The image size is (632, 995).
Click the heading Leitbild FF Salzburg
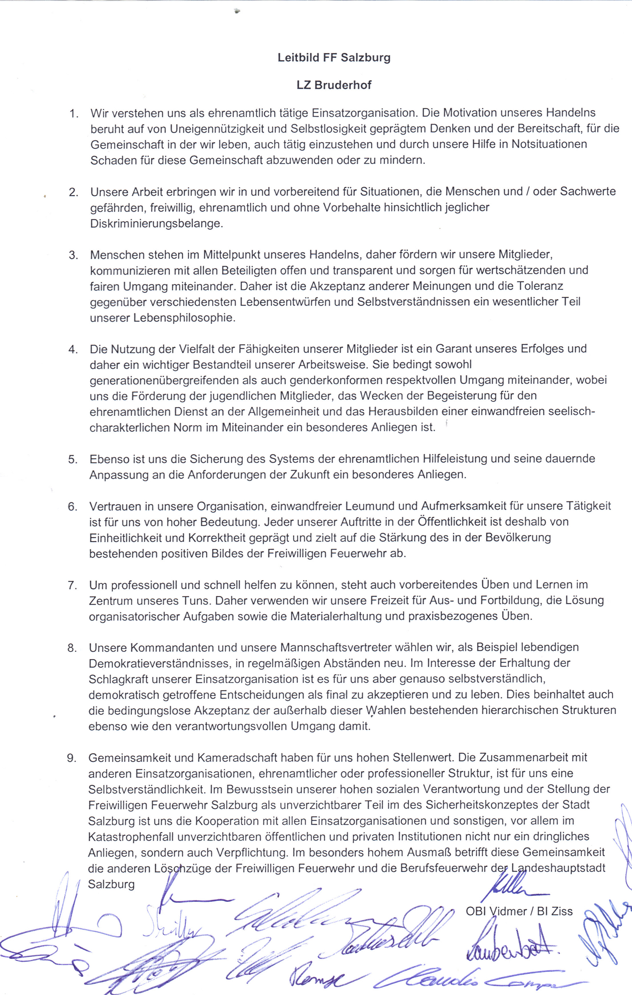pos(334,57)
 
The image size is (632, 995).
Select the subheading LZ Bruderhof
pos(334,85)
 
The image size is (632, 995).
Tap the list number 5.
pos(73,459)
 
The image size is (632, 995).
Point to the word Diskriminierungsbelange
pos(156,223)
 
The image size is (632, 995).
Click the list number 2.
pos(74,192)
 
